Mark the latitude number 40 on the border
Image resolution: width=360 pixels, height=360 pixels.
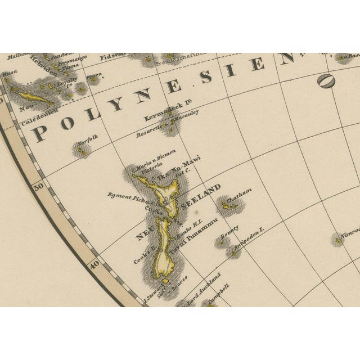click(x=94, y=263)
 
